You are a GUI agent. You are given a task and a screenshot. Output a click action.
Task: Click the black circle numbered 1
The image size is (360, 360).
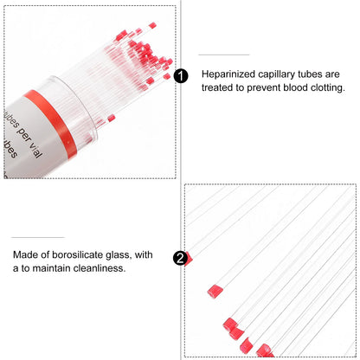coord(180,76)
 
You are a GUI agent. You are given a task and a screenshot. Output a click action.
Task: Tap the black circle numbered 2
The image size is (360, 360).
coord(180,258)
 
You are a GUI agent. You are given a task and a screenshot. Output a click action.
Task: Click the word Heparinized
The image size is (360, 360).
coord(230,75)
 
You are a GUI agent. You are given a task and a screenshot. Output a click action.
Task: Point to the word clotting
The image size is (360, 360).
coord(325,88)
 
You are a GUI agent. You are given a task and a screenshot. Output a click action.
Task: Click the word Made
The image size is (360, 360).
coord(26,254)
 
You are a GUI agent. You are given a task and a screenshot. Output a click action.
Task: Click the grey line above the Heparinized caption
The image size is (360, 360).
coord(218,55)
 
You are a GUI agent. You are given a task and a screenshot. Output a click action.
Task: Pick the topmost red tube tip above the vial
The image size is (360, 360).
coord(152,25)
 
